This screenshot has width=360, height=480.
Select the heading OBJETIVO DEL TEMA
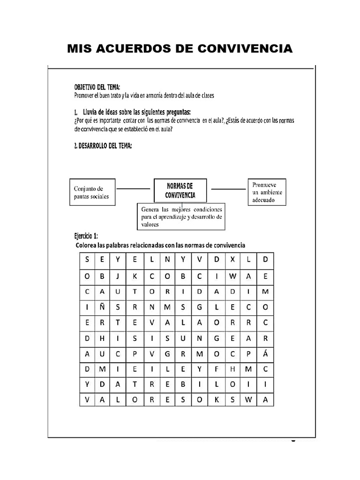(x=97, y=87)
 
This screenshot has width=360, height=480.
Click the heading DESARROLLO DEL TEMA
(x=103, y=146)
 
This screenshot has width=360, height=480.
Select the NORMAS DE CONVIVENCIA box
(x=180, y=190)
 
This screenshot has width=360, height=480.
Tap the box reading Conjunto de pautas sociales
(x=92, y=193)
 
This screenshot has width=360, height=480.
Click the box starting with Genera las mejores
(x=181, y=216)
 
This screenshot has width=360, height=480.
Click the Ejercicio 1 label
(x=86, y=235)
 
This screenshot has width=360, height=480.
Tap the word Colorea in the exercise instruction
(x=87, y=245)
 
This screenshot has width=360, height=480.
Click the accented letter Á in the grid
(x=265, y=353)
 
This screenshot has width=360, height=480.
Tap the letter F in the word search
(x=217, y=369)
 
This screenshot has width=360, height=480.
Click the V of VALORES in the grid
(x=87, y=399)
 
